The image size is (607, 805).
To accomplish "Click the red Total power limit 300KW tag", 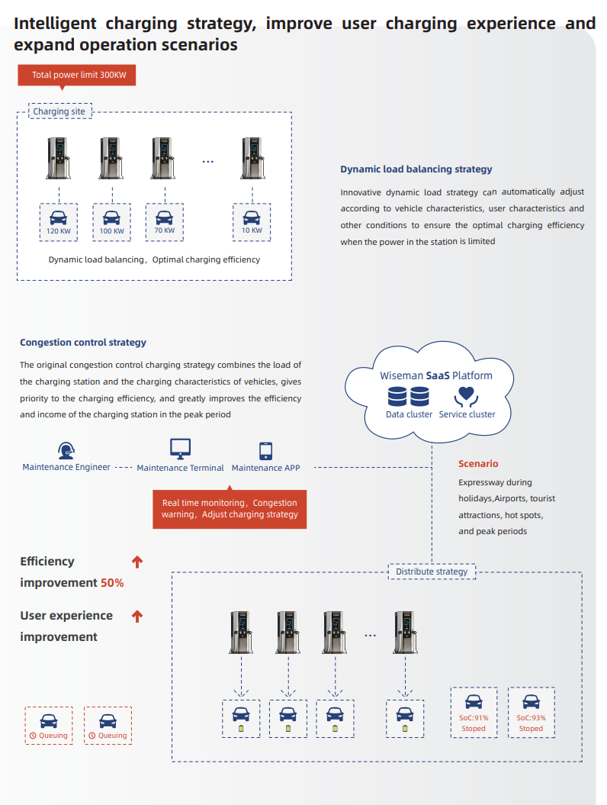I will (76, 75).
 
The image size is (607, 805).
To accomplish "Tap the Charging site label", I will (60, 111).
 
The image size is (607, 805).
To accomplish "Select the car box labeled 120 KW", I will (59, 221).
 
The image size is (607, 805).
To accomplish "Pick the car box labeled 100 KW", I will (111, 221).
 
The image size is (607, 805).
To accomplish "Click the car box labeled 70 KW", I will (164, 221).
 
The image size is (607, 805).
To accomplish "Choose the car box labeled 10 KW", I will (252, 221).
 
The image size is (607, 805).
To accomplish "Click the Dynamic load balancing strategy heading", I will (416, 169).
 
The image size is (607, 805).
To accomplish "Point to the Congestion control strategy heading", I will (83, 343).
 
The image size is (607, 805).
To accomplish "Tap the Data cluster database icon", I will (409, 397).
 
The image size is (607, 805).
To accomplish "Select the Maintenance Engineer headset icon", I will (66, 450).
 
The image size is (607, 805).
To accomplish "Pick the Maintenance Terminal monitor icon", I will (180, 449).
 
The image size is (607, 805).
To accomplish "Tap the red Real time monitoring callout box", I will (230, 509).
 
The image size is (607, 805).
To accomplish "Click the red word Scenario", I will (478, 464).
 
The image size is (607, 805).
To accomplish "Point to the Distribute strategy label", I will (432, 571).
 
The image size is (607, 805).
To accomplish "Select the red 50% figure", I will (112, 583).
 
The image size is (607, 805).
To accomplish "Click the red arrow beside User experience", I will (137, 615).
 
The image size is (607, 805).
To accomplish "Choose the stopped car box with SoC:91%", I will (474, 713).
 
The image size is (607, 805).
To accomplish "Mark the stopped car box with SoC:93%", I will (532, 713).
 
